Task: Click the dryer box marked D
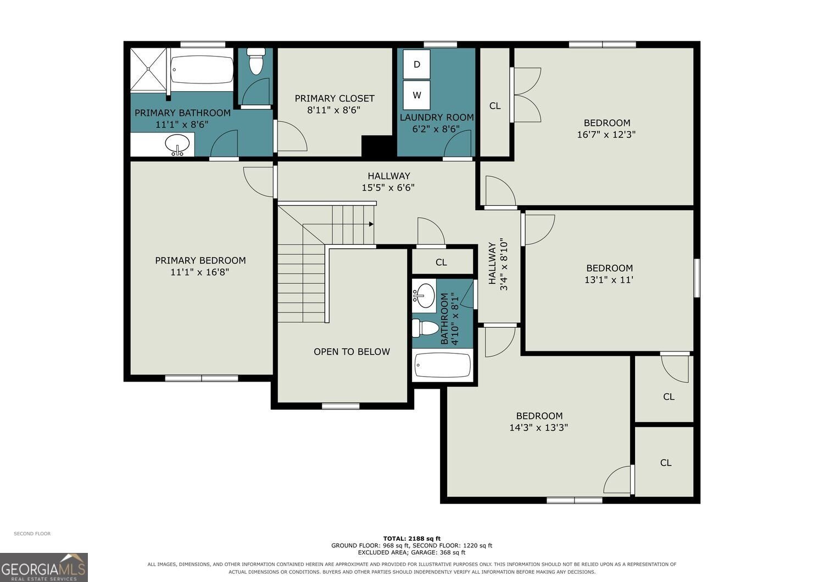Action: (416, 64)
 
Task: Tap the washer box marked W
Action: (416, 95)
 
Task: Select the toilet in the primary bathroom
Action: (255, 61)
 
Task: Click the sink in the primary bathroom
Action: (177, 145)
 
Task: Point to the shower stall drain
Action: (148, 69)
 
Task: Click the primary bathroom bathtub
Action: (202, 70)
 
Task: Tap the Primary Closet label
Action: (335, 98)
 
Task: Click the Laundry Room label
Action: (437, 117)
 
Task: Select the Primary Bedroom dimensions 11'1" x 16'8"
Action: (200, 272)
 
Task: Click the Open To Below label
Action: (352, 352)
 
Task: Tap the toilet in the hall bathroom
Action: (425, 328)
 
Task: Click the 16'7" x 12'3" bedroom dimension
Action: (606, 135)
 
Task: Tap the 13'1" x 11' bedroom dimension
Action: (609, 280)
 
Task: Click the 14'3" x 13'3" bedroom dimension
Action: (538, 428)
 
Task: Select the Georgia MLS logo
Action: (44, 567)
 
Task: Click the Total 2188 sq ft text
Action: (411, 539)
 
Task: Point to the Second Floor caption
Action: (32, 534)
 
